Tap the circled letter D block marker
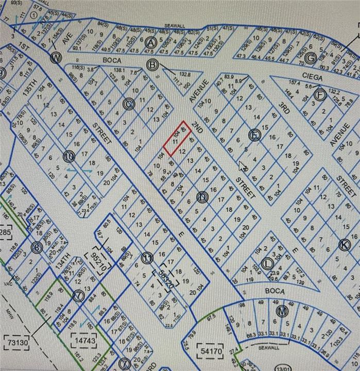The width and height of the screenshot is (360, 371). pyautogui.click(x=202, y=196)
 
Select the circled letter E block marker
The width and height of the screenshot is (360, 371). pyautogui.click(x=254, y=135)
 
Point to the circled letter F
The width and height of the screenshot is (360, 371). pyautogui.click(x=320, y=95)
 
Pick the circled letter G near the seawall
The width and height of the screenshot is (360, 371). pyautogui.click(x=310, y=58)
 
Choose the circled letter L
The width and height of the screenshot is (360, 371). pyautogui.click(x=267, y=263)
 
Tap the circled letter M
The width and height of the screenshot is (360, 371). pyautogui.click(x=281, y=311)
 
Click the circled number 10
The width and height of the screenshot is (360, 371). pyautogui.click(x=69, y=156)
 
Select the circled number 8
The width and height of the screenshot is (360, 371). pyautogui.click(x=37, y=248)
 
